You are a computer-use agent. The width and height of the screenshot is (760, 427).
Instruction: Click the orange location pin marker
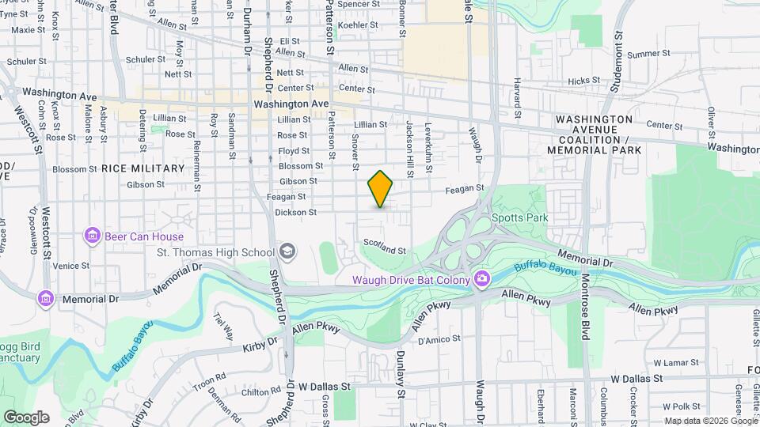pos(380,189)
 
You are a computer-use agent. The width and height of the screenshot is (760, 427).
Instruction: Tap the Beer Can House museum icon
pos(93,236)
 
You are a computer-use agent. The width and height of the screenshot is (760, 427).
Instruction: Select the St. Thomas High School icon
pos(287,252)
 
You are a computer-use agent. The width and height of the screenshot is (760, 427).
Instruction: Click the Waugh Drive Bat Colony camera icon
pos(482,278)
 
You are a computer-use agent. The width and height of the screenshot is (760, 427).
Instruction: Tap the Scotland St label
pos(384,247)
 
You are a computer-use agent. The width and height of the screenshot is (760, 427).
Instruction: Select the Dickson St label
pos(295,212)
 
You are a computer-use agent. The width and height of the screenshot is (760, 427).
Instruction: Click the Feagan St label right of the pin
pos(463,188)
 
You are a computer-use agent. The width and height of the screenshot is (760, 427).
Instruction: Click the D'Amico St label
pos(433,341)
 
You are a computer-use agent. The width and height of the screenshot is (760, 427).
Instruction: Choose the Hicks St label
pos(584,81)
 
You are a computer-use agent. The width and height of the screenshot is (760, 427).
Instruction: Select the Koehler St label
pos(358,25)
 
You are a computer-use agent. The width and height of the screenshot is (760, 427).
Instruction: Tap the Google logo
pos(26,418)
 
